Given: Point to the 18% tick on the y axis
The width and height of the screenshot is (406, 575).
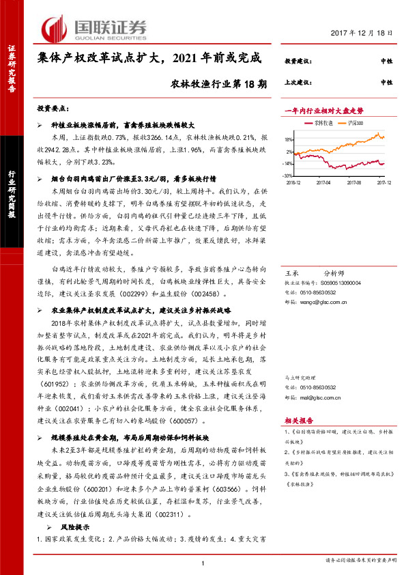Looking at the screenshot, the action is point(289,139).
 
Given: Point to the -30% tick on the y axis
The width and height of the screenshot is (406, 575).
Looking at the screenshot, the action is point(289,174).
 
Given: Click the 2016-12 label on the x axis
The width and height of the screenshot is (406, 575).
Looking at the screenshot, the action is point(293,182).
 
